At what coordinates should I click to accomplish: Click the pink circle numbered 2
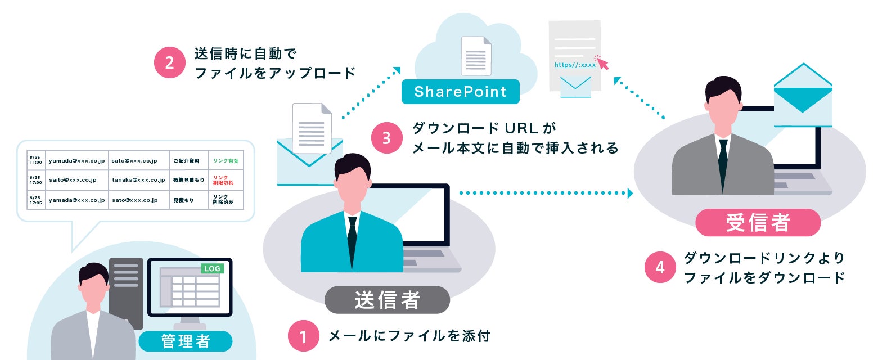click(170, 62)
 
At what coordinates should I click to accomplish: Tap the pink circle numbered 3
click(387, 138)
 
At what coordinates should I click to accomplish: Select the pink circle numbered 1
click(304, 336)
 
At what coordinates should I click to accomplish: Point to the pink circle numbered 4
click(660, 267)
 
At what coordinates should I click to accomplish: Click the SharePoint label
click(461, 92)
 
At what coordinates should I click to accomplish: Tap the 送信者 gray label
click(388, 300)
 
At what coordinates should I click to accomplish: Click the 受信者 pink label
click(758, 222)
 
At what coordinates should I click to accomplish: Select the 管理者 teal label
click(186, 341)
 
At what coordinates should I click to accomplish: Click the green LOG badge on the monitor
click(213, 269)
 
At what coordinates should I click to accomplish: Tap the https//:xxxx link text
click(575, 65)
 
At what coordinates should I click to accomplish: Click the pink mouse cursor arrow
click(602, 63)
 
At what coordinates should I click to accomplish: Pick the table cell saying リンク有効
click(226, 161)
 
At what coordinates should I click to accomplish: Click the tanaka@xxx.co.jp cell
click(138, 180)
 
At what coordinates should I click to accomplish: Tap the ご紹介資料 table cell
click(187, 161)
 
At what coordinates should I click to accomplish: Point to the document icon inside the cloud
click(476, 56)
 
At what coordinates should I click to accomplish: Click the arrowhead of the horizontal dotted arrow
click(631, 193)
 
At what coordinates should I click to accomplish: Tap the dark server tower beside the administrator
click(126, 292)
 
